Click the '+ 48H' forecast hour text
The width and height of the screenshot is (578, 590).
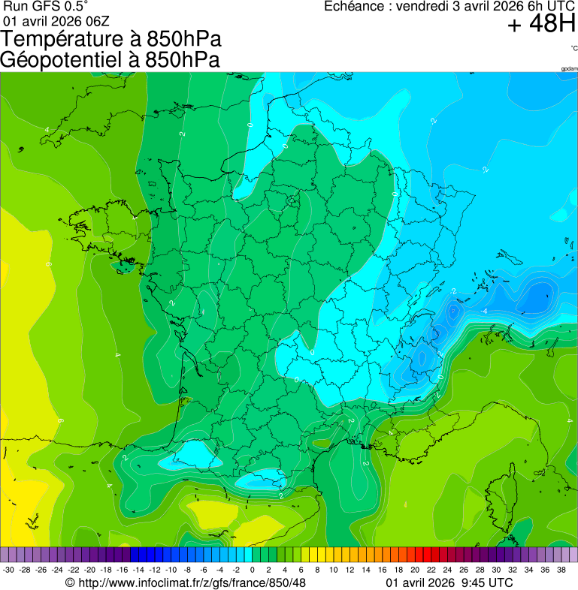point(541,24)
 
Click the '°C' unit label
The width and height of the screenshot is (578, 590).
point(573,49)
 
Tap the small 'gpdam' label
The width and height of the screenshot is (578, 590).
point(569,69)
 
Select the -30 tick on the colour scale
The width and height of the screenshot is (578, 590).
point(8,570)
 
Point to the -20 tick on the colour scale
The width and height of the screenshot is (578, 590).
point(89,570)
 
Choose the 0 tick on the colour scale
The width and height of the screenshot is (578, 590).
point(252,570)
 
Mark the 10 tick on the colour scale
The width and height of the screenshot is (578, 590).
point(333,570)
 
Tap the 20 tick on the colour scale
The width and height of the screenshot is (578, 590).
point(414,570)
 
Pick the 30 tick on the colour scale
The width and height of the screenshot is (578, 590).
point(495,570)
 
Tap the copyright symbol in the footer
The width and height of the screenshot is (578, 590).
point(70,583)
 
